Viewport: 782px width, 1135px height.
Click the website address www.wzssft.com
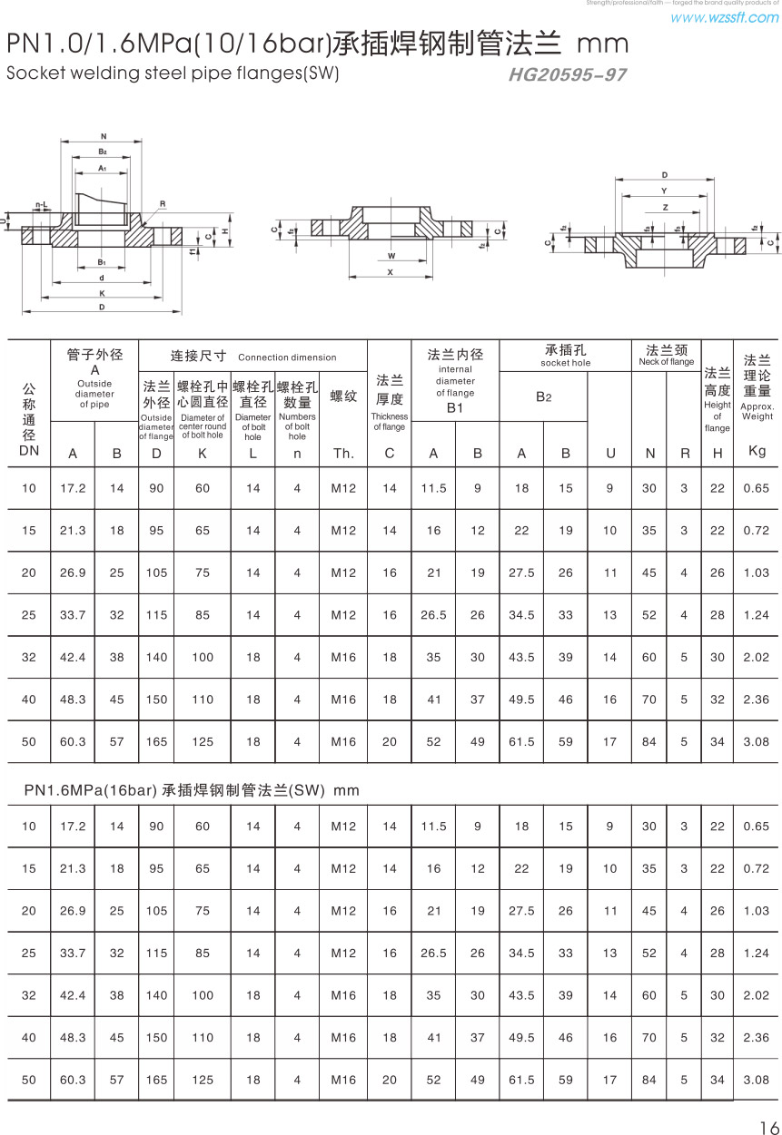coord(724,17)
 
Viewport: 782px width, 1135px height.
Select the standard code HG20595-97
coord(568,75)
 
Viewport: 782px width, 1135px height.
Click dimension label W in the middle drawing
coord(391,256)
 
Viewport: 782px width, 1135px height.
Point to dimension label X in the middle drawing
coord(391,271)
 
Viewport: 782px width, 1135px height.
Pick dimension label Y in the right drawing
coord(664,191)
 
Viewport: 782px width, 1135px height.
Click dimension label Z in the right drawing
coord(664,208)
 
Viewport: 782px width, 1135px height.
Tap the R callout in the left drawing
coord(162,204)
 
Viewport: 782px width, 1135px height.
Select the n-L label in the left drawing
coord(41,205)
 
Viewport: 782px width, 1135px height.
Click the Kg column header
coord(757,451)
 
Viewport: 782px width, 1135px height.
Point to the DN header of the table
coord(29,450)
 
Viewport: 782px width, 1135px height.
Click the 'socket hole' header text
coord(565,363)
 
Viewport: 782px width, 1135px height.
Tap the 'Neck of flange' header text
coord(666,362)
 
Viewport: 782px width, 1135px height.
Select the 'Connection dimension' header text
coord(287,357)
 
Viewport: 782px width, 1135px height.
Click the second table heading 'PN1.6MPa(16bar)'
coord(91,790)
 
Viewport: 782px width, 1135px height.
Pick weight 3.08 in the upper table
coord(756,742)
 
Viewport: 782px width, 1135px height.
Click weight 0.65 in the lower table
coord(756,827)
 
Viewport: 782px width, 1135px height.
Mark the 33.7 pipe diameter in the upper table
coord(73,615)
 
